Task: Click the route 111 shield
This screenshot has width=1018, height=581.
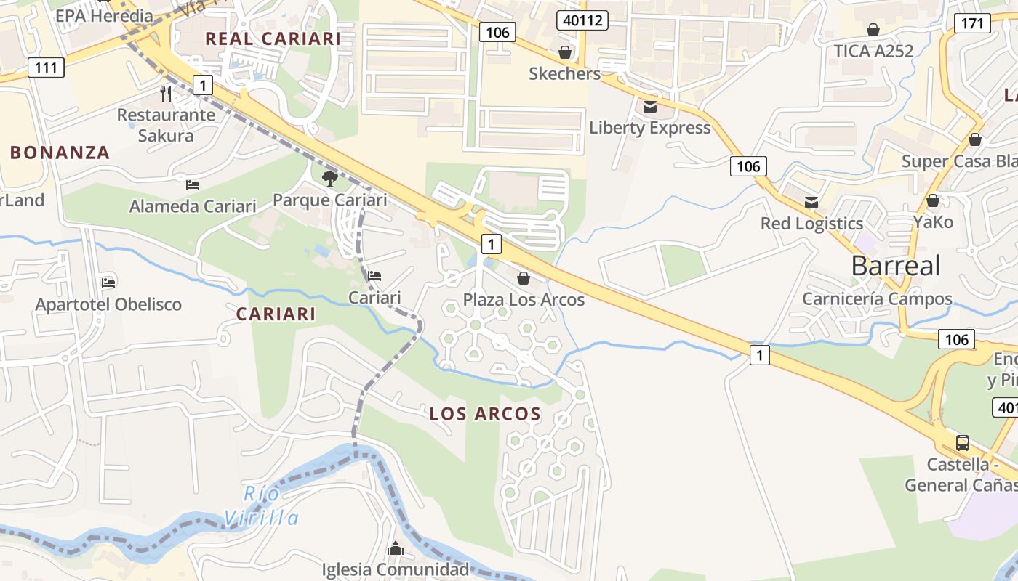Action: coord(47,68)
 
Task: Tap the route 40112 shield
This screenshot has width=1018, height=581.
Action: coord(582,20)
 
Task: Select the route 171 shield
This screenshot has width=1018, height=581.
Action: coord(972,23)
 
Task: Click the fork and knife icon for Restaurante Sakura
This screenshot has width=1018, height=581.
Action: coord(166,93)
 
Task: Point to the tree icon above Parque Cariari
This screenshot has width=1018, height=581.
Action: coord(329,178)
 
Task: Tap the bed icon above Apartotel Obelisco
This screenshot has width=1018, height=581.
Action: coord(108,282)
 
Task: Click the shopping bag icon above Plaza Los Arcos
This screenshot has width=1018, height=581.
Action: coord(523,278)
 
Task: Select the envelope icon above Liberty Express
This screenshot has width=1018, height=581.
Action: coord(650,107)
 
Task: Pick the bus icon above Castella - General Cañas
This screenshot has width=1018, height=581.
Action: coord(962,442)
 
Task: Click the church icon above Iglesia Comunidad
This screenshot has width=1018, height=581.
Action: coord(396,548)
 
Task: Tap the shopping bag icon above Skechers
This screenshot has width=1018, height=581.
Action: coord(564,52)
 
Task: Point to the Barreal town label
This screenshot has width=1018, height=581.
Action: coord(896,266)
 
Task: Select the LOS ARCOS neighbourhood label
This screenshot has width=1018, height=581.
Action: coord(485,414)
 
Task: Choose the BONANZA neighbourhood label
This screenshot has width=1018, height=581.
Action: coord(60,153)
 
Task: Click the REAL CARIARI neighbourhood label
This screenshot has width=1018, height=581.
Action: coord(273,38)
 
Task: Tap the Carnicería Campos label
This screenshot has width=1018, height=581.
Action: coord(877,298)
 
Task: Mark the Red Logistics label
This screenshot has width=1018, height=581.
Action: coord(811,223)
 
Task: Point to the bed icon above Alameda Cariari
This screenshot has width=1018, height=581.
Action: coord(193,184)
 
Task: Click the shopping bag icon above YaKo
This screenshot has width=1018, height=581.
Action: coord(933,200)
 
